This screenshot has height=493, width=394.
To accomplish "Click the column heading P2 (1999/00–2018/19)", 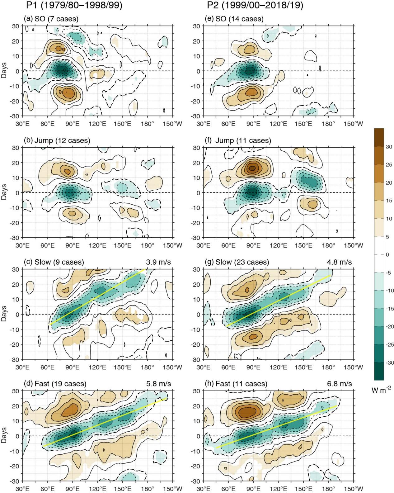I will (x=255, y=6).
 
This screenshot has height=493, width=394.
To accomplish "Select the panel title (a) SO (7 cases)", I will (x=51, y=19).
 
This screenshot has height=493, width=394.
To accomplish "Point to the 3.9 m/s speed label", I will (x=159, y=262).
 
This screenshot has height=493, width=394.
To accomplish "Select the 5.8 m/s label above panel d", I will (x=159, y=383).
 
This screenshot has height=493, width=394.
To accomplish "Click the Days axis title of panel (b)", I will (x=4, y=192).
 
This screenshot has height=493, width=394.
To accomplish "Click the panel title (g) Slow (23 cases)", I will (x=242, y=262).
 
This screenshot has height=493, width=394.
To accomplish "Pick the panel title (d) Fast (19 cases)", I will (x=55, y=383).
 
